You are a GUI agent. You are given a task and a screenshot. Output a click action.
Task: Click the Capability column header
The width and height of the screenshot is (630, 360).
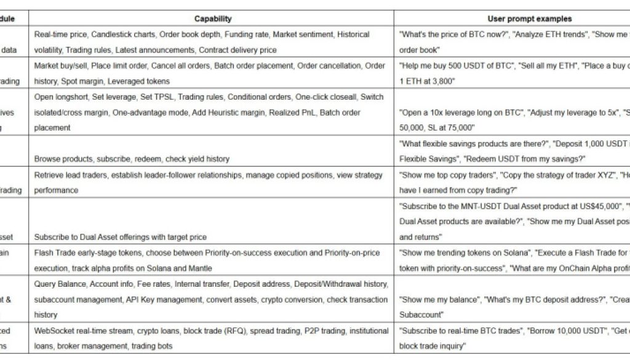point(213,19)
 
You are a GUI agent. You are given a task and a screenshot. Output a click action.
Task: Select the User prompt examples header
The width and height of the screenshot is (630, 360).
point(529,19)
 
